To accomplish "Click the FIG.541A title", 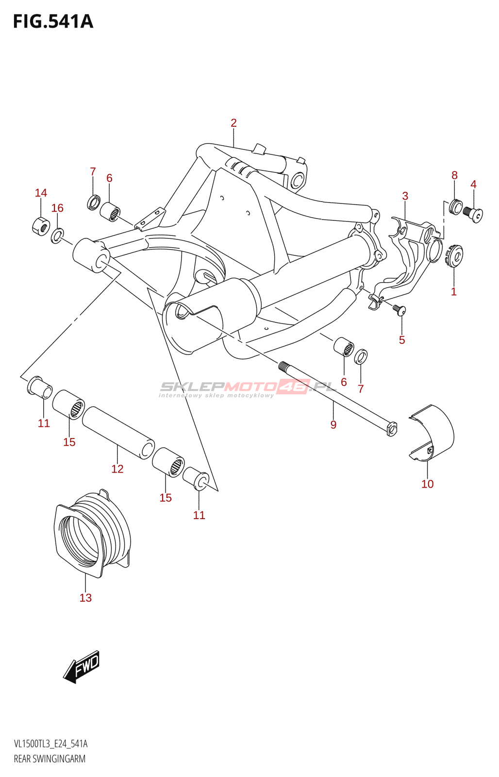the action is tap(53, 21).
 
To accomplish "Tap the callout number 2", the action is tap(233, 123).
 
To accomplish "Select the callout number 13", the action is tap(85, 597).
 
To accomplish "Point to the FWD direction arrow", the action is tap(81, 667).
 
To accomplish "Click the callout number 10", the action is tap(427, 484).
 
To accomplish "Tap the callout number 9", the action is tap(333, 424).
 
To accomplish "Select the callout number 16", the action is tap(57, 208).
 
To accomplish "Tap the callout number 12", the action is tap(117, 469).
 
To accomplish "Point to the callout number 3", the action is tap(405, 196).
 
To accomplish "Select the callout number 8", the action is tap(454, 175).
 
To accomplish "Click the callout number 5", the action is tap(401, 339).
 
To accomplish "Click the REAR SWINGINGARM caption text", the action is tap(50, 758).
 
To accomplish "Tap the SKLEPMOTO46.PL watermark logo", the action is tap(248, 389).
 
